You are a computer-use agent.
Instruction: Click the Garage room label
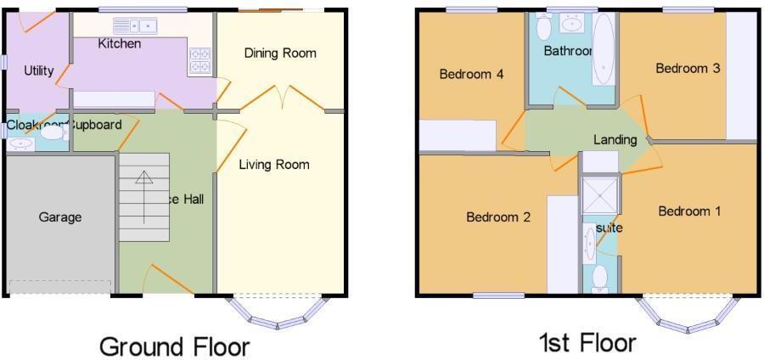pyautogui.click(x=60, y=217)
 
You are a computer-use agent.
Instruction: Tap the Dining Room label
pyautogui.click(x=280, y=53)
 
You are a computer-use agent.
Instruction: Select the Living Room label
pyautogui.click(x=273, y=165)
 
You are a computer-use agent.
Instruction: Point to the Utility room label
pyautogui.click(x=39, y=71)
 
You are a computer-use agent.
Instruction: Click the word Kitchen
pyautogui.click(x=120, y=44)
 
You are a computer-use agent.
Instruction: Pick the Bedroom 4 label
pyautogui.click(x=471, y=75)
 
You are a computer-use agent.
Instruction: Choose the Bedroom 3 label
pyautogui.click(x=688, y=69)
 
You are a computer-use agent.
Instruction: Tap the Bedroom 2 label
pyautogui.click(x=498, y=217)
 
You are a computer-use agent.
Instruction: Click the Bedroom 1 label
pyautogui.click(x=689, y=211)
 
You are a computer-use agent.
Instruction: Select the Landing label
pyautogui.click(x=615, y=140)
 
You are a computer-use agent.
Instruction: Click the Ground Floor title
pyautogui.click(x=175, y=346)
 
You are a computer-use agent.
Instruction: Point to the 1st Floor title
pyautogui.click(x=587, y=343)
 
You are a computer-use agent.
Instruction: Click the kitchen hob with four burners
pyautogui.click(x=200, y=59)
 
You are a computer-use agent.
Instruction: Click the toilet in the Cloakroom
pyautogui.click(x=53, y=132)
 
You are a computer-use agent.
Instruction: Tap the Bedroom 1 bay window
pyautogui.click(x=688, y=313)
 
